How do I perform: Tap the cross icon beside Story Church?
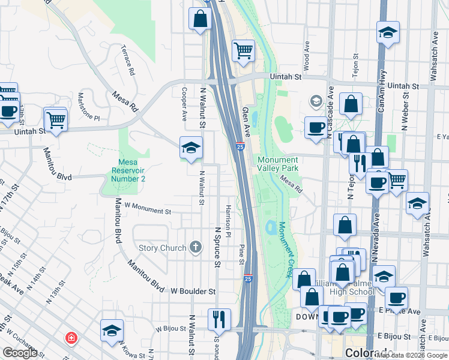[x=195, y=247]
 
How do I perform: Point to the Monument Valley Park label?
[x=277, y=164]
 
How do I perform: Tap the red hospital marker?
[x=72, y=339]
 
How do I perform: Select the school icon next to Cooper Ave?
[x=191, y=148]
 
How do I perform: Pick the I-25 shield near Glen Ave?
[x=240, y=146]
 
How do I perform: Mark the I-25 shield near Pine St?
[x=248, y=279]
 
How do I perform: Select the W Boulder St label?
[x=193, y=291]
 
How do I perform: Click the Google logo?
[x=20, y=353]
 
